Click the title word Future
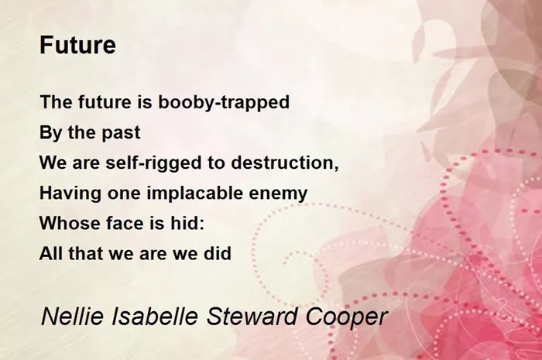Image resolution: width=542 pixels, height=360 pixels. (x=77, y=45)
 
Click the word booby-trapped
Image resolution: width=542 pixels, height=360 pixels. (x=224, y=103)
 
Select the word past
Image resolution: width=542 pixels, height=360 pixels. (x=121, y=133)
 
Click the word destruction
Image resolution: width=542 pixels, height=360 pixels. (x=283, y=163)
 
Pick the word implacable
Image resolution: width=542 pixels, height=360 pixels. (x=194, y=194)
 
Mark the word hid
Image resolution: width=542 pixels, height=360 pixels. (x=183, y=223)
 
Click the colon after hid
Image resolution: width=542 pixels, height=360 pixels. (x=201, y=225)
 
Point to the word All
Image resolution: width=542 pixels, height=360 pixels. (x=51, y=254)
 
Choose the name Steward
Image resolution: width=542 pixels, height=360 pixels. (x=252, y=317)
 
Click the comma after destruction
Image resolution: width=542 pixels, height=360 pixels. (x=336, y=168)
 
